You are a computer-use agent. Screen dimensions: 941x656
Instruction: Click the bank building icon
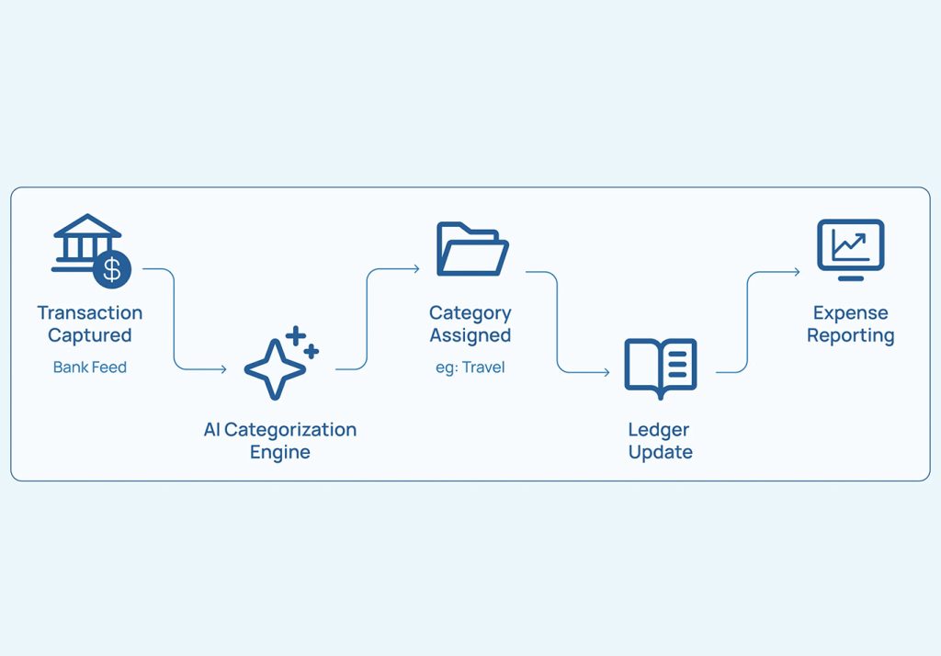(x=87, y=243)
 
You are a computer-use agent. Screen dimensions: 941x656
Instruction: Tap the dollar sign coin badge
(x=112, y=269)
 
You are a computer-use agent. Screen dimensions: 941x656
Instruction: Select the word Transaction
(x=90, y=312)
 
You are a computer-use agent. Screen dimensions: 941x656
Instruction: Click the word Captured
(x=90, y=335)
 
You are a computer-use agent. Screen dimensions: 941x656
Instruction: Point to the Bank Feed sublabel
(x=90, y=367)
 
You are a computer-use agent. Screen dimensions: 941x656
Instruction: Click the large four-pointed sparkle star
(x=275, y=369)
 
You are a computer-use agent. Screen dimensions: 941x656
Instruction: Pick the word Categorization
(x=290, y=430)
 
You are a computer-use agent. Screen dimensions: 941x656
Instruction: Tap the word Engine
(x=279, y=452)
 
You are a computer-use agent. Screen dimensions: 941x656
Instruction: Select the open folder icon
(x=472, y=249)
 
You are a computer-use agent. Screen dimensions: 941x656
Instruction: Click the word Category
(x=470, y=313)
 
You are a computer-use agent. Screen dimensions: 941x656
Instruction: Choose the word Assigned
(x=470, y=335)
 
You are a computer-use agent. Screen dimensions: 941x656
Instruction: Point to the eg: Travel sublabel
(x=470, y=368)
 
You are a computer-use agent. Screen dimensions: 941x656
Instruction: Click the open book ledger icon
(x=660, y=368)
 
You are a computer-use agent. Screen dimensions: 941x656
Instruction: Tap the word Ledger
(x=658, y=430)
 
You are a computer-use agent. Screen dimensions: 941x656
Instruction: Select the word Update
(x=660, y=452)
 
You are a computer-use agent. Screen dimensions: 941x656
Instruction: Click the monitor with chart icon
(x=850, y=250)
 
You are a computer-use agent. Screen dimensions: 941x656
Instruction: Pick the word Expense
(x=850, y=312)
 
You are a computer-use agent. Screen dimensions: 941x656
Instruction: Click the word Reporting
(x=850, y=335)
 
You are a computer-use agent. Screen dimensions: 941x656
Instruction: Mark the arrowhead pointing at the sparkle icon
(x=223, y=369)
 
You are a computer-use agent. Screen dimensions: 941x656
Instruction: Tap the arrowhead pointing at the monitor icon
(x=797, y=272)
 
